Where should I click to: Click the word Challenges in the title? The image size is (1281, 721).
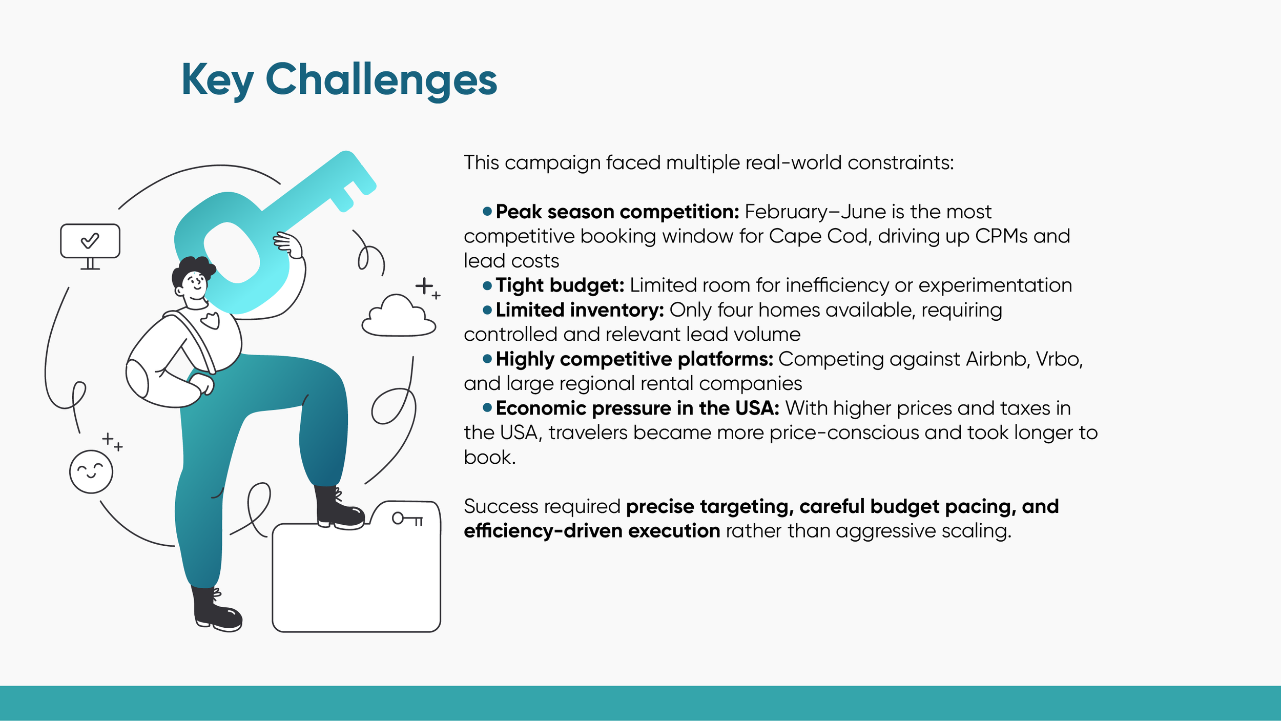381,79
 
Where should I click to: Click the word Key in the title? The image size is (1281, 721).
217,79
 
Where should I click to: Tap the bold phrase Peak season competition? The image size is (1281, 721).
617,212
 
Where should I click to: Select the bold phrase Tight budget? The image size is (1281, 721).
560,285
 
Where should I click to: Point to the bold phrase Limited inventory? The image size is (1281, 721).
580,310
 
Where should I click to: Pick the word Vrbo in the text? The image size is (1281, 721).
1059,359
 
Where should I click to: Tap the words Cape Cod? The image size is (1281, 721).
818,236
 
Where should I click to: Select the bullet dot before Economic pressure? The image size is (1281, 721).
487,407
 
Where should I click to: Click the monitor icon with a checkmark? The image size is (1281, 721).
90,241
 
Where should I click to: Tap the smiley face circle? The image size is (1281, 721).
91,471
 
